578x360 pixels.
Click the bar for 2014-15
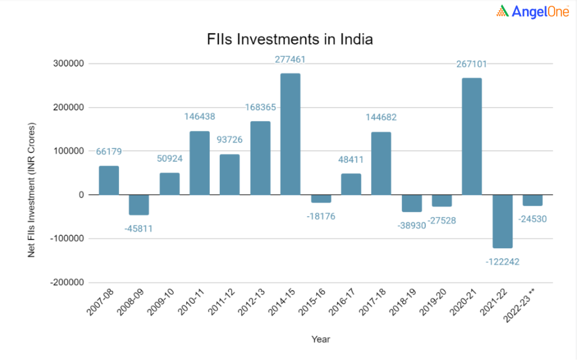coord(290,134)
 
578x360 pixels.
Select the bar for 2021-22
coord(502,221)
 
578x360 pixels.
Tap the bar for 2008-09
coord(139,205)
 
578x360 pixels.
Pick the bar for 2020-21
coord(472,137)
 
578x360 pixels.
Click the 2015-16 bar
coord(321,199)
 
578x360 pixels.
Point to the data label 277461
coord(290,60)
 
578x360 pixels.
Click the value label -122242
coord(502,262)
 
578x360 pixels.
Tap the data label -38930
coord(411,226)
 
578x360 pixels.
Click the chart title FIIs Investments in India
coord(290,40)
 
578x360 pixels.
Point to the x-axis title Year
coord(321,339)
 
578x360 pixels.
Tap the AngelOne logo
coord(532,12)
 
